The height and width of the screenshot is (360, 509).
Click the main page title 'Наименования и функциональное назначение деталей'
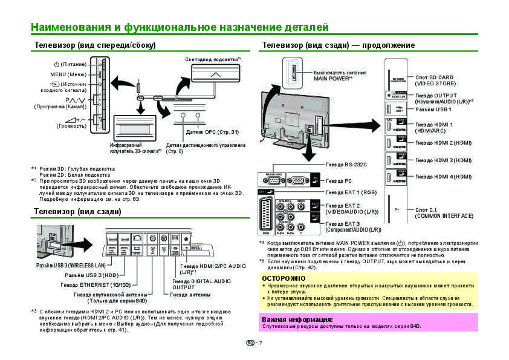pyautogui.click(x=180, y=27)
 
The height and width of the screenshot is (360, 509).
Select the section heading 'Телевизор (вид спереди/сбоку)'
pyautogui.click(x=95, y=45)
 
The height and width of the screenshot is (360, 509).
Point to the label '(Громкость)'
pyautogui.click(x=71, y=126)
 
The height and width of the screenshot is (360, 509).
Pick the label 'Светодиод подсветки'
pyautogui.click(x=212, y=59)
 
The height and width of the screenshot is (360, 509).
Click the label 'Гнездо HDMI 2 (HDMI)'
pyautogui.click(x=443, y=143)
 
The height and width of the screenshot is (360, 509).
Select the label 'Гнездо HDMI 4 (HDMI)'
pyautogui.click(x=443, y=177)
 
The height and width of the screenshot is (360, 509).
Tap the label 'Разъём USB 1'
pyautogui.click(x=433, y=110)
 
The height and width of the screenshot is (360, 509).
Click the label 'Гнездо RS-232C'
pyautogui.click(x=346, y=164)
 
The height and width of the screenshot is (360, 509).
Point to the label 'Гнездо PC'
pyautogui.click(x=339, y=180)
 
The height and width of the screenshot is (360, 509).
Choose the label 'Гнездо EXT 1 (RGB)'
pyautogui.click(x=351, y=192)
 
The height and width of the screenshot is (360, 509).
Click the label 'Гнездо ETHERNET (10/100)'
pyautogui.click(x=96, y=284)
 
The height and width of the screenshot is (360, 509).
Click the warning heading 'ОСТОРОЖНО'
pyautogui.click(x=280, y=278)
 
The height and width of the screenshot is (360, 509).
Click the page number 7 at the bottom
pyautogui.click(x=260, y=343)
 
